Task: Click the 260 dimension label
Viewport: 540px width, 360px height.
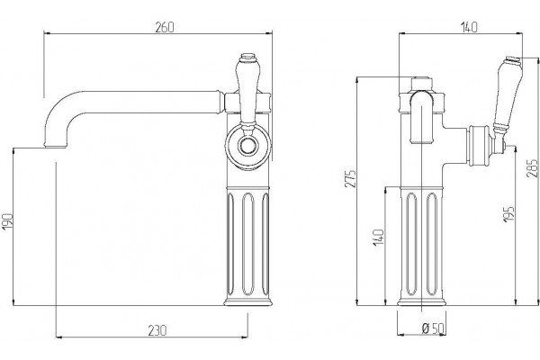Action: pyautogui.click(x=165, y=28)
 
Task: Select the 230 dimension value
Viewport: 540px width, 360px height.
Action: pyautogui.click(x=157, y=330)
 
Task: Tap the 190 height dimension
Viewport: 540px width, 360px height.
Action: pyautogui.click(x=7, y=222)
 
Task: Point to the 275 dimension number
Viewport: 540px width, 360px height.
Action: pyautogui.click(x=351, y=179)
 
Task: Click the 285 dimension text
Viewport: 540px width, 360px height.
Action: pyautogui.click(x=533, y=168)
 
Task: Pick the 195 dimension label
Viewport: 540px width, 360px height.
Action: pyautogui.click(x=509, y=214)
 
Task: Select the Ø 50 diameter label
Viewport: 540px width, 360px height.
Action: pyautogui.click(x=433, y=328)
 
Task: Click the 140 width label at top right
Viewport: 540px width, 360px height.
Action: pyautogui.click(x=470, y=28)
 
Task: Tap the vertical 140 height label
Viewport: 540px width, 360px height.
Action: pyautogui.click(x=379, y=238)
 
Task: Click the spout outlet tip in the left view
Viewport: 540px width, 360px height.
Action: pyautogui.click(x=56, y=146)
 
